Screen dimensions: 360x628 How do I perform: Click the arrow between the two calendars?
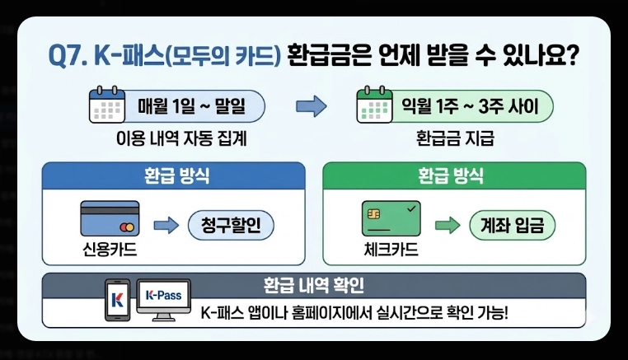click(311, 107)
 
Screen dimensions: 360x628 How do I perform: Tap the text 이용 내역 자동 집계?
click(181, 139)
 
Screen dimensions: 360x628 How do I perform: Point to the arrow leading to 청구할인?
click(166, 224)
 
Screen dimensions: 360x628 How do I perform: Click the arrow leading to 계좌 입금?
click(446, 224)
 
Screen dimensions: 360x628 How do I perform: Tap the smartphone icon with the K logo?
click(117, 301)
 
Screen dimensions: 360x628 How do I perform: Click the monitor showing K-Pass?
click(163, 299)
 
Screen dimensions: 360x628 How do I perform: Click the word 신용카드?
click(108, 248)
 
